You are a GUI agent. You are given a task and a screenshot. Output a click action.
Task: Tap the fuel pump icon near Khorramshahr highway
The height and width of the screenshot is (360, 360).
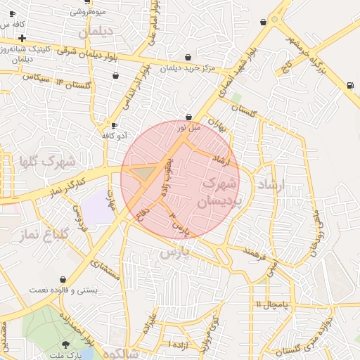click(x=349, y=86)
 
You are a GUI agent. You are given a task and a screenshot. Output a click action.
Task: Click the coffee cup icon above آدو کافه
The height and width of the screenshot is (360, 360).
click(x=114, y=125)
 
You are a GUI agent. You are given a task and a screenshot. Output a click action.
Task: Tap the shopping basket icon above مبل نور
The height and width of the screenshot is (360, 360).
click(x=188, y=117)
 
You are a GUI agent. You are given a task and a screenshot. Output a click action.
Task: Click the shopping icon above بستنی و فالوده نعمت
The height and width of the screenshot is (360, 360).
click(x=63, y=279)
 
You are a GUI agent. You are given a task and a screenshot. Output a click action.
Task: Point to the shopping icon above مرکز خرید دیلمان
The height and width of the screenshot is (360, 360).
click(x=188, y=58)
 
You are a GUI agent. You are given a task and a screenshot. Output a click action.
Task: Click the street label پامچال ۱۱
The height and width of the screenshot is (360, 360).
click(x=268, y=304)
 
